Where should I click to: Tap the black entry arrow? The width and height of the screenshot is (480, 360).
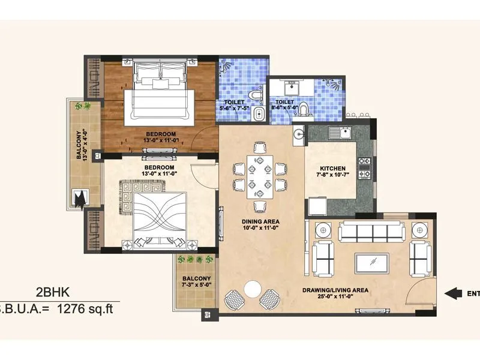point(453,293)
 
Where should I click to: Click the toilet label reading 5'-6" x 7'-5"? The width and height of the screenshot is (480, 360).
point(234,106)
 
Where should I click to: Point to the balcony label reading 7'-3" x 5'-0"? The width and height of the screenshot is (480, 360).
point(197,282)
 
